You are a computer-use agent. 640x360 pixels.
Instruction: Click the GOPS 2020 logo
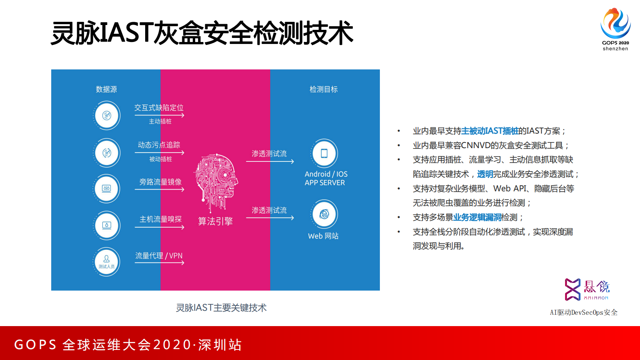[x=615, y=28]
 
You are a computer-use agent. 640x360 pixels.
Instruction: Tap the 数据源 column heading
[x=106, y=89]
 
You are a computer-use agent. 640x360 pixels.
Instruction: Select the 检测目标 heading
[x=323, y=89]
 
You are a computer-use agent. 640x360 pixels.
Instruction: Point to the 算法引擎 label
[x=215, y=221]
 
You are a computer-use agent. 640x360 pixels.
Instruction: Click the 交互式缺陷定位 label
[x=159, y=108]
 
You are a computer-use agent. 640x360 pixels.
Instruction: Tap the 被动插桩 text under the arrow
[x=161, y=159]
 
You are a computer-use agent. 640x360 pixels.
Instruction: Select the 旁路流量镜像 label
[x=160, y=182]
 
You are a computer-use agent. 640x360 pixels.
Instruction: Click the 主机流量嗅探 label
[x=160, y=219]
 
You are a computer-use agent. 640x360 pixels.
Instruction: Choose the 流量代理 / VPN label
[x=159, y=256]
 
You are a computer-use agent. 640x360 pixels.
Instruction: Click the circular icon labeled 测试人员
[x=106, y=262]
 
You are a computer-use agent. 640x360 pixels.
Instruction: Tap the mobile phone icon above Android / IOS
[x=324, y=153]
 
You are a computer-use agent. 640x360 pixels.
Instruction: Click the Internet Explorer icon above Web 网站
[x=324, y=214]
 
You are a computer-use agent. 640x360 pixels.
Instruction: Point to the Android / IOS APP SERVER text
[x=325, y=178]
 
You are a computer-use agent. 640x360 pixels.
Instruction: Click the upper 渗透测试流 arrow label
[x=269, y=154]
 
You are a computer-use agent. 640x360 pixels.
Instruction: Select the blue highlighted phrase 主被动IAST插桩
[x=490, y=131]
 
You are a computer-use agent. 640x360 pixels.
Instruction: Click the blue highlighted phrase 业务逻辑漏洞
[x=477, y=218]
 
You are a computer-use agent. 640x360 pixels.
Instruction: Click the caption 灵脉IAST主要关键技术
[x=221, y=308]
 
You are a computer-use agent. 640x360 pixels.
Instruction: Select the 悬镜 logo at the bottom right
[x=587, y=289]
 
